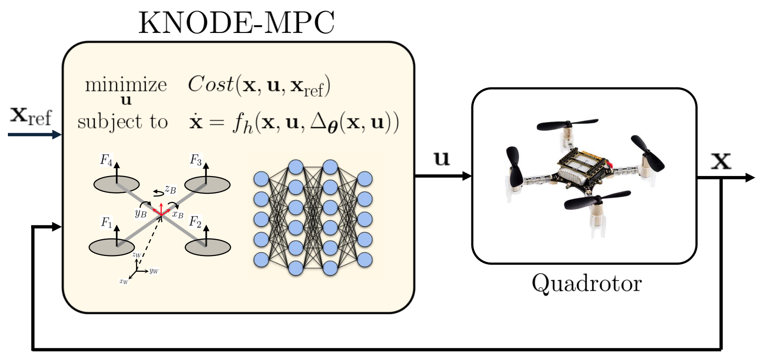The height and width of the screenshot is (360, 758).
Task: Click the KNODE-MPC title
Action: pos(236,22)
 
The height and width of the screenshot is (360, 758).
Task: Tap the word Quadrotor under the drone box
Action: pos(586,283)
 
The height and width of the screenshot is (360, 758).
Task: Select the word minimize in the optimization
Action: pos(126,85)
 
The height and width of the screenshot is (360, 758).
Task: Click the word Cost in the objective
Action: pos(210,84)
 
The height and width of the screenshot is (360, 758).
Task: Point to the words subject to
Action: pos(122,122)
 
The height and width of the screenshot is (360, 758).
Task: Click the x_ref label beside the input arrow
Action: pos(31,116)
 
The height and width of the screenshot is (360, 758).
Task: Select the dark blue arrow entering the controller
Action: pos(34,135)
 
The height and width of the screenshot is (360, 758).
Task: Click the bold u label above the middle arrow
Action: pos(442,158)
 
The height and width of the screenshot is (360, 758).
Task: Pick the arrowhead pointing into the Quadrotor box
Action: pos(467,176)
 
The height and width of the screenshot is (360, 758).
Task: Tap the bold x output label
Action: pos(721,161)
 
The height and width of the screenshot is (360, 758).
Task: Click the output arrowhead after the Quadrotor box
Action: pos(750,177)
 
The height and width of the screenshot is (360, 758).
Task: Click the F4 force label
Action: pos(106,160)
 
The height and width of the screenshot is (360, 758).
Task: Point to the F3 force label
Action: pos(196,160)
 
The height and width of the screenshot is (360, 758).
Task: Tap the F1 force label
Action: pos(106,223)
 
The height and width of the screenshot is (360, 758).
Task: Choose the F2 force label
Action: pos(195,222)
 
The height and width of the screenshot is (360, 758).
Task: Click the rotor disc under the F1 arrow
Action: pos(111,247)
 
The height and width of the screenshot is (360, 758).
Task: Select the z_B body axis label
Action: pos(170,189)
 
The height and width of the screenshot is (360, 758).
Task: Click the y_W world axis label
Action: pos(154,271)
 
